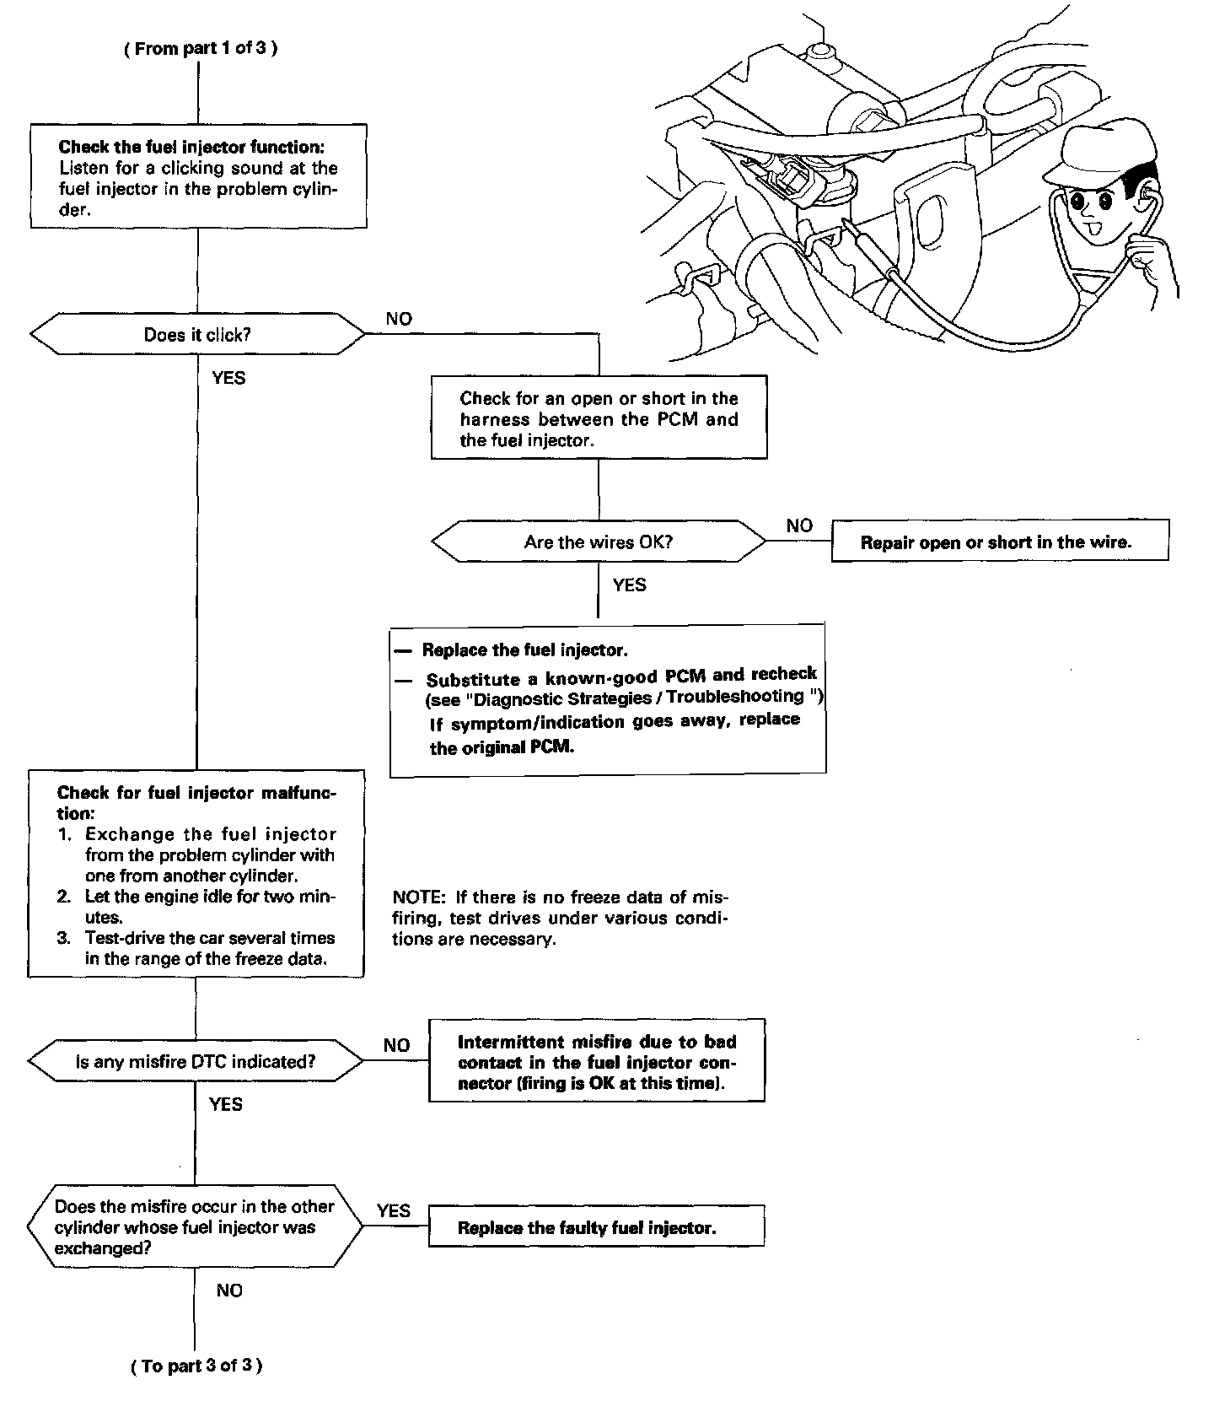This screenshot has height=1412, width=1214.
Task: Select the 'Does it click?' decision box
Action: click(x=197, y=335)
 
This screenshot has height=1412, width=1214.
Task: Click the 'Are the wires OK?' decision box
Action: click(x=598, y=542)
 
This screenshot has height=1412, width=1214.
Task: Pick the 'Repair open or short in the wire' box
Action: click(x=999, y=542)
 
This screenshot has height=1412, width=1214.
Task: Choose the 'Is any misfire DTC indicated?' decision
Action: click(x=196, y=1061)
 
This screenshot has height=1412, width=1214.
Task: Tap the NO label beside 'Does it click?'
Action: click(x=399, y=319)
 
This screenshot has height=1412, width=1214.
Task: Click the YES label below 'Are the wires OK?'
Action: click(x=629, y=585)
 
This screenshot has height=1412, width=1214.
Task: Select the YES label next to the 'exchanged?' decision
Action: click(x=394, y=1210)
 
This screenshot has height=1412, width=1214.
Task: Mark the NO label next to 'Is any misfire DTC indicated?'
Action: click(x=396, y=1045)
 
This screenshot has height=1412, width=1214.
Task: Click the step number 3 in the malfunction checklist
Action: click(x=64, y=938)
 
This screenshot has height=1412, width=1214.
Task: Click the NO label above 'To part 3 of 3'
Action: click(x=228, y=1291)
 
